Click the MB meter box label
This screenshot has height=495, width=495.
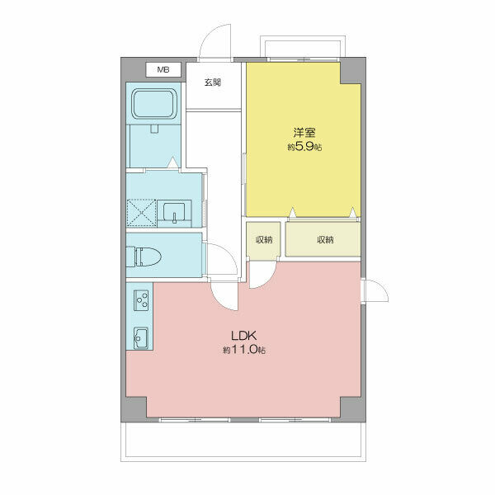[x=163, y=69]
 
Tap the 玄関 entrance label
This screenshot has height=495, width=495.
[x=213, y=82]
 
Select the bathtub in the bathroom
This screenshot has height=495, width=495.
[x=154, y=104]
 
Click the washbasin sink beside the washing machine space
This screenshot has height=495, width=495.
[x=174, y=214]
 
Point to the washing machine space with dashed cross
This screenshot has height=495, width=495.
[x=141, y=213]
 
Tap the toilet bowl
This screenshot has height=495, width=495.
[x=144, y=257]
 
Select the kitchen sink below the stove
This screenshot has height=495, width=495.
[x=141, y=337]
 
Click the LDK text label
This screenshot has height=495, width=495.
[x=243, y=336]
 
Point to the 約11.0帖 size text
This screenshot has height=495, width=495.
[x=244, y=350]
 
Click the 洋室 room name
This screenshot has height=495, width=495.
[x=304, y=133]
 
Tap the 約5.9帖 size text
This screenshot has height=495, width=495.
[x=304, y=147]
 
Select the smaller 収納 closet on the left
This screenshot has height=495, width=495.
[x=263, y=241]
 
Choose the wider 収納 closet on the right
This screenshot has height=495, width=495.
[x=323, y=239]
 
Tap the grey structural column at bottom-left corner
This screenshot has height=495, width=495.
[x=134, y=409]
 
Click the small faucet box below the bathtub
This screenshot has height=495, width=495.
[x=154, y=129]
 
